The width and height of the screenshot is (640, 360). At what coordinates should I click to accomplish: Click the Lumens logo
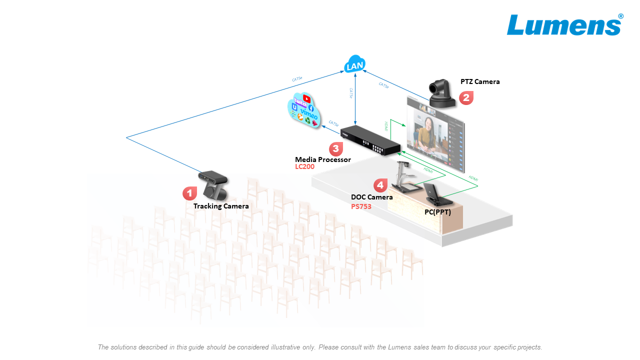click(564, 24)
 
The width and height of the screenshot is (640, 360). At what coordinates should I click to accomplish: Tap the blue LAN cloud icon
click(354, 64)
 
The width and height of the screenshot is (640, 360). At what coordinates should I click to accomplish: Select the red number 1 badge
click(189, 193)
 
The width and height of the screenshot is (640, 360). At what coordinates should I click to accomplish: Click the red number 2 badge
click(466, 97)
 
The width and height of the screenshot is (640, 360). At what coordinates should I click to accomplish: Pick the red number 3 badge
click(335, 148)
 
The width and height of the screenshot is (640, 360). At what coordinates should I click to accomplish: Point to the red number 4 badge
click(380, 185)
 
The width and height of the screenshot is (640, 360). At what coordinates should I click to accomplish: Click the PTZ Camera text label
click(480, 81)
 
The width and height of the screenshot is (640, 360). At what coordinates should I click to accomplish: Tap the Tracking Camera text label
click(221, 206)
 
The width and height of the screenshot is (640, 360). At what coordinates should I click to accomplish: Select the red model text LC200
click(304, 166)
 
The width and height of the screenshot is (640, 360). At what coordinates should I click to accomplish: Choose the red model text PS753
click(361, 206)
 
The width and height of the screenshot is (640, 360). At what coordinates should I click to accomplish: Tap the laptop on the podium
click(436, 195)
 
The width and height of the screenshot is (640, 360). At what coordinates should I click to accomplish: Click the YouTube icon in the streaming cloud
click(306, 99)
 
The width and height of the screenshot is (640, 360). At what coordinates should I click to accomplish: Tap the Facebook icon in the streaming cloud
click(310, 108)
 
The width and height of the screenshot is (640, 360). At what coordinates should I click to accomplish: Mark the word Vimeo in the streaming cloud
click(309, 116)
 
